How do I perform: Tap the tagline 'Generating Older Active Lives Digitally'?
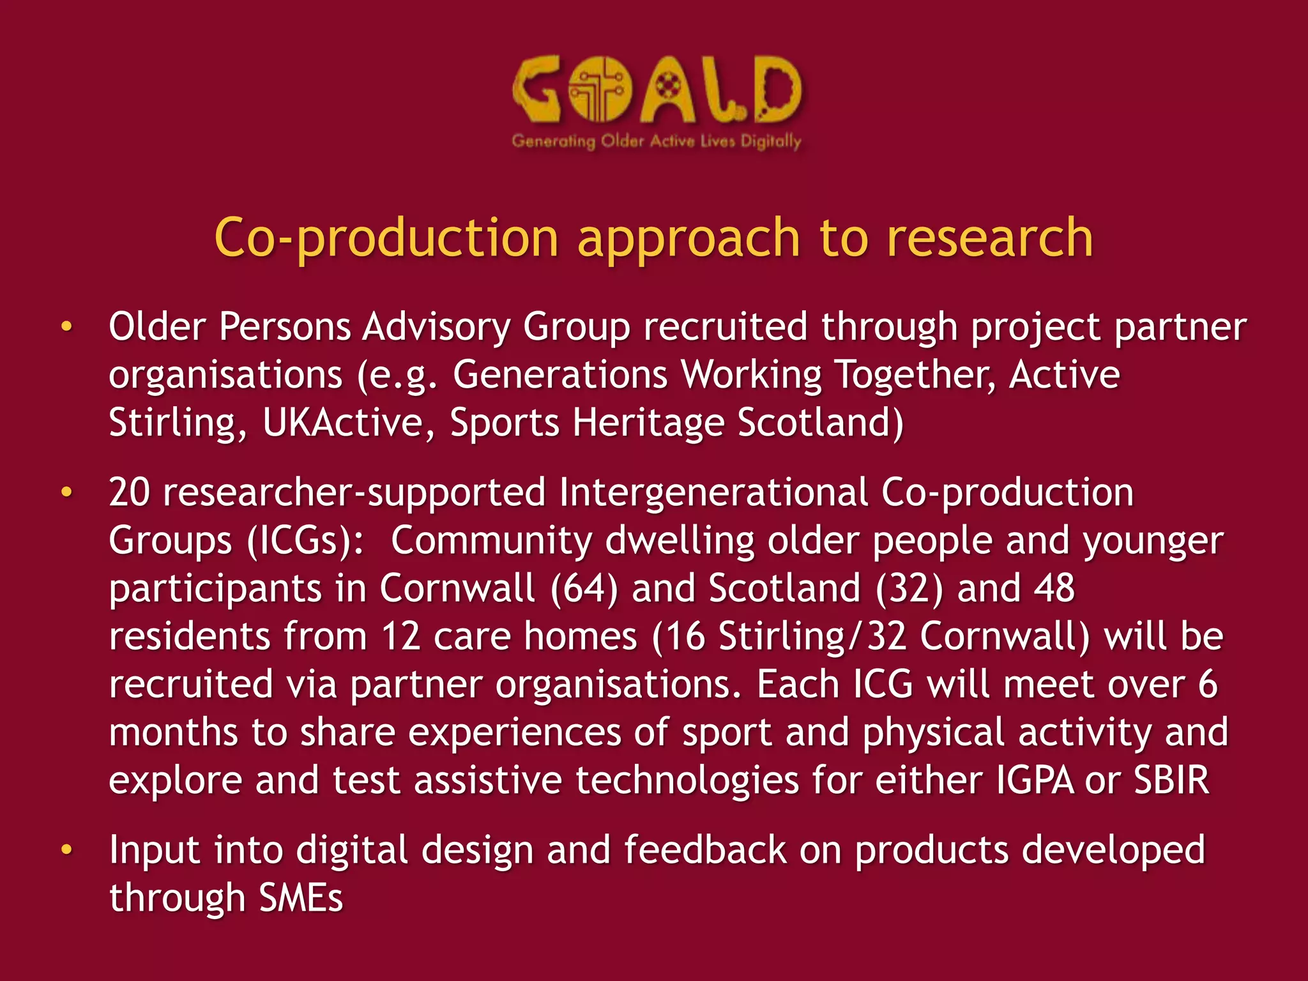click(x=657, y=141)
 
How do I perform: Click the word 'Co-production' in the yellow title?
click(x=386, y=238)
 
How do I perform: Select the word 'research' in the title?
click(x=990, y=238)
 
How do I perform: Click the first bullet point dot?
click(x=66, y=327)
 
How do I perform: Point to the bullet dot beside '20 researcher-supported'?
click(x=66, y=492)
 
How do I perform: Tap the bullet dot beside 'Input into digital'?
click(x=66, y=850)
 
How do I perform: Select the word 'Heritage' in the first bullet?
click(x=648, y=423)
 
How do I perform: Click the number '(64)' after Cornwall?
click(x=584, y=588)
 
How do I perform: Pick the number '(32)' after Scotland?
click(x=909, y=588)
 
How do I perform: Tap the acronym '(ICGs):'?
click(x=305, y=541)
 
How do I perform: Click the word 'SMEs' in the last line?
click(x=301, y=898)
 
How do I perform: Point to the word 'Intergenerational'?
click(x=713, y=492)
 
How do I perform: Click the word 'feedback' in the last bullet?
click(x=704, y=850)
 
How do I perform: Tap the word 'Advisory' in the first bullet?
click(x=436, y=327)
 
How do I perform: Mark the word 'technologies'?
click(x=687, y=780)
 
